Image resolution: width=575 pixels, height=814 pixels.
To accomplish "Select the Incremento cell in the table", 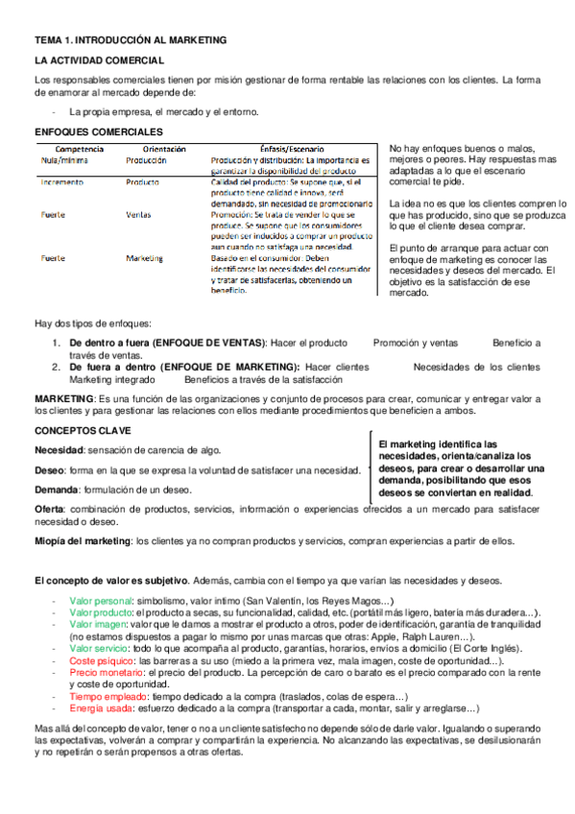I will [x=62, y=181].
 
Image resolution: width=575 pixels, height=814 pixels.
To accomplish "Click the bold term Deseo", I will [x=49, y=470].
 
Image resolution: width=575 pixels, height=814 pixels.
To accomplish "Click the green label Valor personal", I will [x=101, y=600].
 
